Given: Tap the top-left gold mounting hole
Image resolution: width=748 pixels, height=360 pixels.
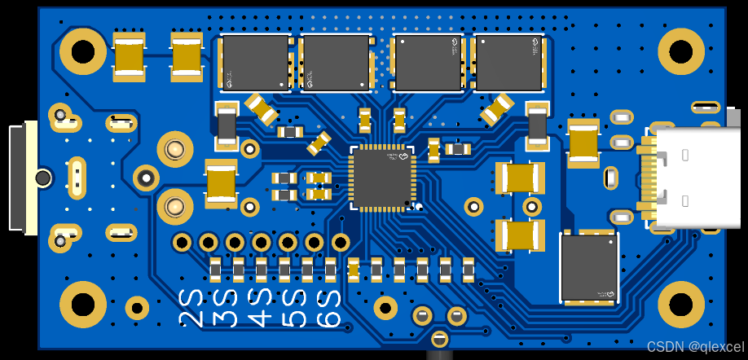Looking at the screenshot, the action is click(83, 52).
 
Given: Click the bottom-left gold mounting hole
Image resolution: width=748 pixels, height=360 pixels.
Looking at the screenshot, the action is click(83, 305).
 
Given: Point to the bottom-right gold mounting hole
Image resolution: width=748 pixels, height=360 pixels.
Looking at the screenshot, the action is click(681, 305).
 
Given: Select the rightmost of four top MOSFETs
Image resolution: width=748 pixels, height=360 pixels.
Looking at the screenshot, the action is click(509, 63).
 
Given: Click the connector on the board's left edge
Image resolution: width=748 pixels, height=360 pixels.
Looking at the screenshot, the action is click(22, 177).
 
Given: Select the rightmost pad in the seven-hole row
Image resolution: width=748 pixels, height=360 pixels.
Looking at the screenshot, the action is click(341, 242).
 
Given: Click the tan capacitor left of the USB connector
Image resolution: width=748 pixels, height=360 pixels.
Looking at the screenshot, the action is click(584, 143).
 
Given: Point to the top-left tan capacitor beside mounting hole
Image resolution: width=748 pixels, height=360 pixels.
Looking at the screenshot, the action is click(130, 56).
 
